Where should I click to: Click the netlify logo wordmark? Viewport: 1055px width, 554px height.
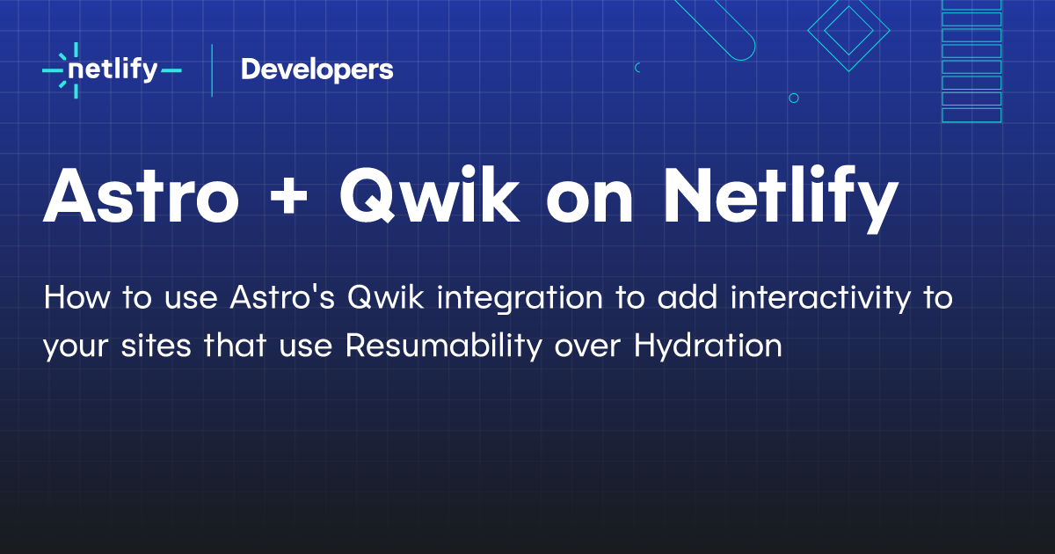coord(113,70)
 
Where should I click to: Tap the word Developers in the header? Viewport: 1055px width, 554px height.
coord(317,69)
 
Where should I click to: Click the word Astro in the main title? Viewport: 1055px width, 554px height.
coord(142,195)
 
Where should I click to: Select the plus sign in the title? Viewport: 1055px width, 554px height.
coord(288,195)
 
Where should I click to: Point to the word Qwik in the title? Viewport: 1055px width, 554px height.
coord(430,194)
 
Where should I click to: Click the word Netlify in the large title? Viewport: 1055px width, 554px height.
coord(781,198)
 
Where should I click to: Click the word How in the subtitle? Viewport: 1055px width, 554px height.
coord(77,297)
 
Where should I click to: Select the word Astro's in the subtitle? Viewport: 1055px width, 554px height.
coord(282,297)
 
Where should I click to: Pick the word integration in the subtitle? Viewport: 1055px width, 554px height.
coord(520,299)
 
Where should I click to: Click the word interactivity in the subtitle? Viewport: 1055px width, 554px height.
coord(821,299)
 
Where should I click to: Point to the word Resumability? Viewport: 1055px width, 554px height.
coord(444,346)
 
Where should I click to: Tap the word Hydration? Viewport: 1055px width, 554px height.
coord(708,346)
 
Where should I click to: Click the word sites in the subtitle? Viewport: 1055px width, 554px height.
coord(156,346)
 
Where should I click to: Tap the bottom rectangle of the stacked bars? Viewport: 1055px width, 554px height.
coord(971,115)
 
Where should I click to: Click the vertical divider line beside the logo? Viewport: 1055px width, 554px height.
coord(212,70)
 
